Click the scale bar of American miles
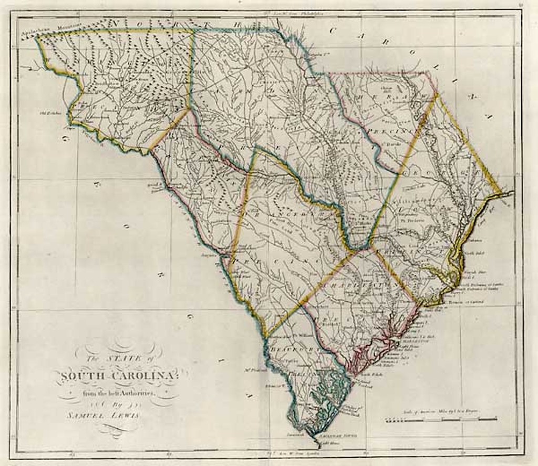441,420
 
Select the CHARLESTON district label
363,284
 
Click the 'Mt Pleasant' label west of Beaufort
254,368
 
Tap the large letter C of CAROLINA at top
333,30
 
